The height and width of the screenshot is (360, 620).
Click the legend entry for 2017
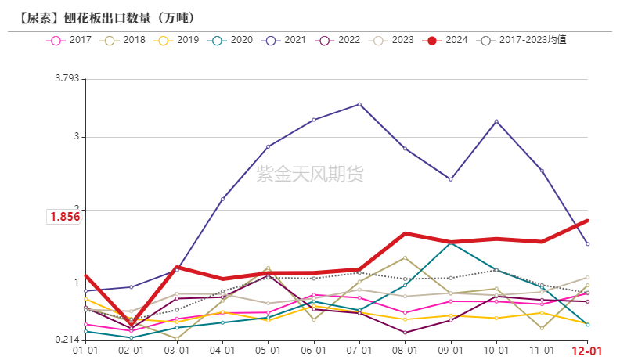click(70, 39)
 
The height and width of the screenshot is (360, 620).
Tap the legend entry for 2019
click(178, 39)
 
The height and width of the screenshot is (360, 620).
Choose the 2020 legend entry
click(232, 39)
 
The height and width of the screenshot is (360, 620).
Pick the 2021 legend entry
click(286, 39)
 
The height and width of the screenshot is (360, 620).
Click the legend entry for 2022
click(340, 39)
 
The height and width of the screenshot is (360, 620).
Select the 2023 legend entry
click(394, 39)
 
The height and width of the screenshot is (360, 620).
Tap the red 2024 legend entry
click(448, 39)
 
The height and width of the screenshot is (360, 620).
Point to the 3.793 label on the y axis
click(67, 78)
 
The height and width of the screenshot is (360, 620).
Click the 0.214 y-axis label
click(67, 340)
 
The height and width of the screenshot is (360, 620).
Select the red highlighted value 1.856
click(65, 217)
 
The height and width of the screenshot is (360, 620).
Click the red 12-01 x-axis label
click(587, 351)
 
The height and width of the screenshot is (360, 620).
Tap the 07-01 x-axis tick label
click(359, 351)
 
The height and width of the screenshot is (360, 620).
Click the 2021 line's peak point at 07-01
click(359, 104)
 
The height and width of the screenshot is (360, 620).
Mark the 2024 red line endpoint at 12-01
click(587, 221)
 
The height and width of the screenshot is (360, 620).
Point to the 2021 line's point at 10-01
click(496, 121)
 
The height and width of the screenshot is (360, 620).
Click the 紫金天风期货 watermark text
click(310, 174)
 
